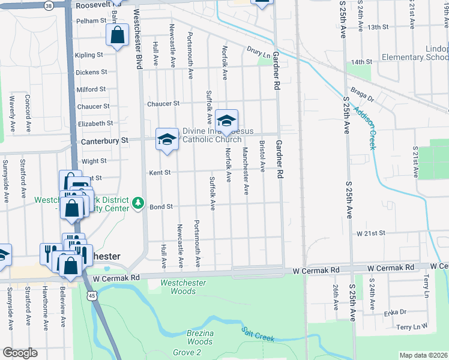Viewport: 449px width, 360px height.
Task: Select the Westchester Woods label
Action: click(183, 287)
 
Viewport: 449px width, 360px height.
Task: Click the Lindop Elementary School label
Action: click(415, 53)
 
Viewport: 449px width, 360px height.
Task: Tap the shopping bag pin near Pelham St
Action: click(118, 35)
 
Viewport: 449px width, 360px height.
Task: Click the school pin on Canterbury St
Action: click(167, 140)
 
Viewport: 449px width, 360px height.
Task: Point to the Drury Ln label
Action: click(259, 52)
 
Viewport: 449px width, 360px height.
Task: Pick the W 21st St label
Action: click(370, 232)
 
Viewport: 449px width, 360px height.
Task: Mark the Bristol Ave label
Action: click(262, 157)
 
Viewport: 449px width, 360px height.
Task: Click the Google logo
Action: click(19, 353)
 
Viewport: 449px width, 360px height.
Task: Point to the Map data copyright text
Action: click(423, 355)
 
